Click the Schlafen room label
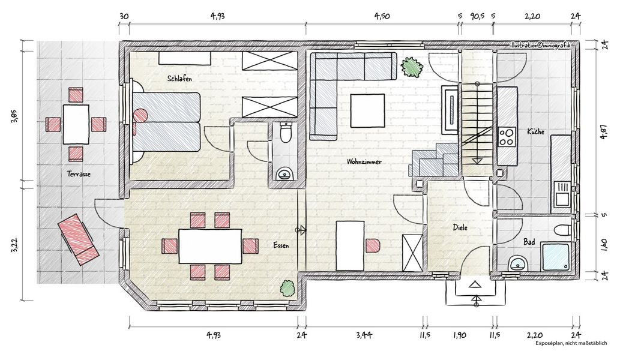click(x=179, y=79)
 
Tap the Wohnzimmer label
click(x=364, y=161)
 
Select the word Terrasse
click(x=78, y=173)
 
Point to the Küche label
click(x=535, y=131)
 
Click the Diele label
click(x=460, y=227)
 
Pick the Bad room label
click(x=529, y=242)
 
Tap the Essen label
click(x=281, y=245)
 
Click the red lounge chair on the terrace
click(x=78, y=239)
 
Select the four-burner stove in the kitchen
click(x=507, y=137)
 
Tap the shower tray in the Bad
click(x=555, y=257)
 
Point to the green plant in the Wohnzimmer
click(x=412, y=67)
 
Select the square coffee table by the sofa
click(x=367, y=110)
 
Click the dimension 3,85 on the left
click(x=15, y=116)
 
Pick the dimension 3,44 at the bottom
click(x=364, y=335)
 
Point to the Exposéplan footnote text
click(x=571, y=343)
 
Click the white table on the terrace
click(x=76, y=124)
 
